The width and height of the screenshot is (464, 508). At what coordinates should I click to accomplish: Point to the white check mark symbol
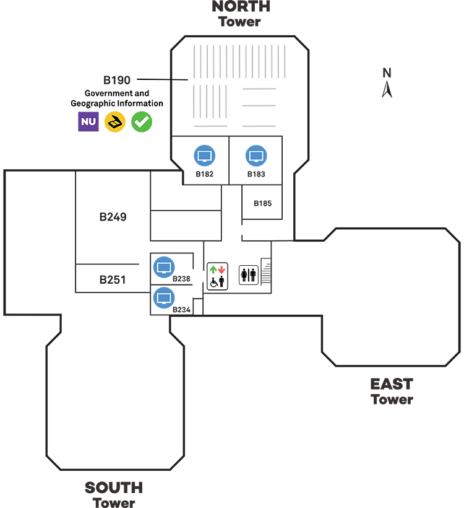point(142,121)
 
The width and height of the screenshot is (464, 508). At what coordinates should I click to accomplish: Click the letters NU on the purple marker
point(88,121)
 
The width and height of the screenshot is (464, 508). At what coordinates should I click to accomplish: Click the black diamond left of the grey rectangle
point(181,79)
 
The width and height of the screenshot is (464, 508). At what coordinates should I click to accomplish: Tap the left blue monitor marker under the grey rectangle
point(202,155)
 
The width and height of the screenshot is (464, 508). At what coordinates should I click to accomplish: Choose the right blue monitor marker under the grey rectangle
point(256,155)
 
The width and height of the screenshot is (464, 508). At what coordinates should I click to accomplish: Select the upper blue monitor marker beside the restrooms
point(166,268)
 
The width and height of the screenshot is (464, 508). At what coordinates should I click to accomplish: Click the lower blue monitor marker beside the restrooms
point(166,299)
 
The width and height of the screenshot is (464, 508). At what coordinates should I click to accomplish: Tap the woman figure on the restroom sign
point(245,276)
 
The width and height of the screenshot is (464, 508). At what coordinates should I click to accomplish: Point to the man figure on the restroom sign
point(253,276)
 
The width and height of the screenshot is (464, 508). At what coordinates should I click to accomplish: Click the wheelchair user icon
point(214,281)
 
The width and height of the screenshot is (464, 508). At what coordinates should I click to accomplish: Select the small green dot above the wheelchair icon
point(213,269)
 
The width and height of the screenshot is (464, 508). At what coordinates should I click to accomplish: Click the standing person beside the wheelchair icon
point(221,281)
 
